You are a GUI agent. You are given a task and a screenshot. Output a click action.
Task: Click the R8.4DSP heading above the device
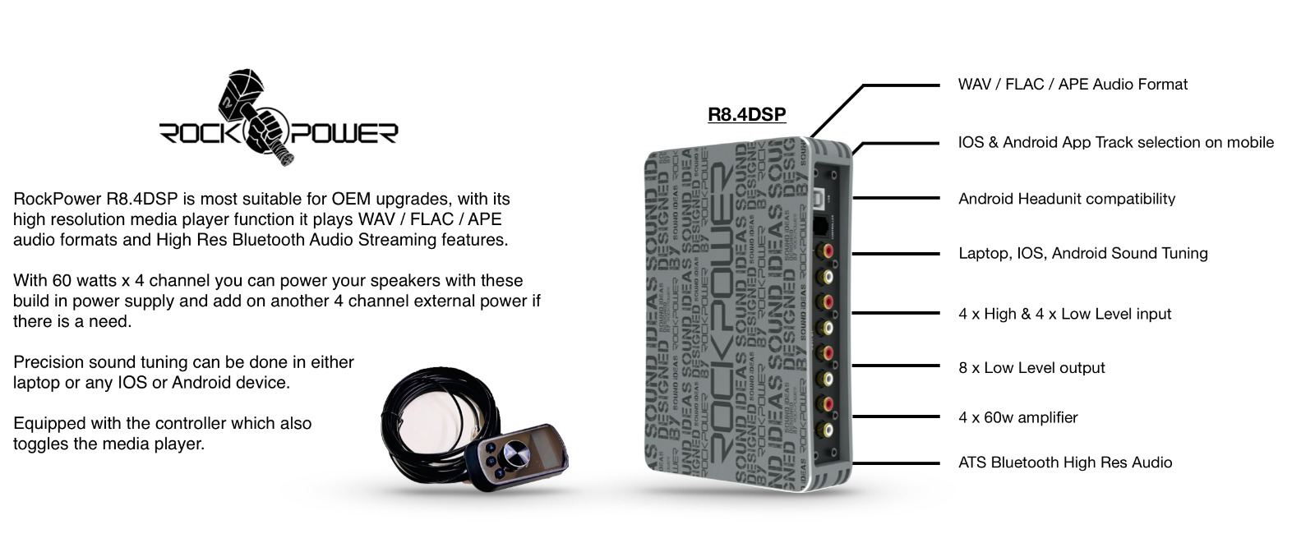747,114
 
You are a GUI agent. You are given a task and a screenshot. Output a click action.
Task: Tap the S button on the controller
491,462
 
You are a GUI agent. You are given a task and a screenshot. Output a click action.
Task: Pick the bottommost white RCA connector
828,430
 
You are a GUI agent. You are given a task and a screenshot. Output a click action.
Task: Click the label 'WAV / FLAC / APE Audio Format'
1073,85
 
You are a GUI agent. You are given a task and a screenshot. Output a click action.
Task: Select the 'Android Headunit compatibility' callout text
1067,199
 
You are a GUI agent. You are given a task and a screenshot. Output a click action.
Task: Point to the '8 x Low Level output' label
1031,368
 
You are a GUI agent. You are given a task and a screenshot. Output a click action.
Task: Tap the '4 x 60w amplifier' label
1018,418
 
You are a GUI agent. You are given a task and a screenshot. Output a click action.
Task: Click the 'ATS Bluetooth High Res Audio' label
1065,462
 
